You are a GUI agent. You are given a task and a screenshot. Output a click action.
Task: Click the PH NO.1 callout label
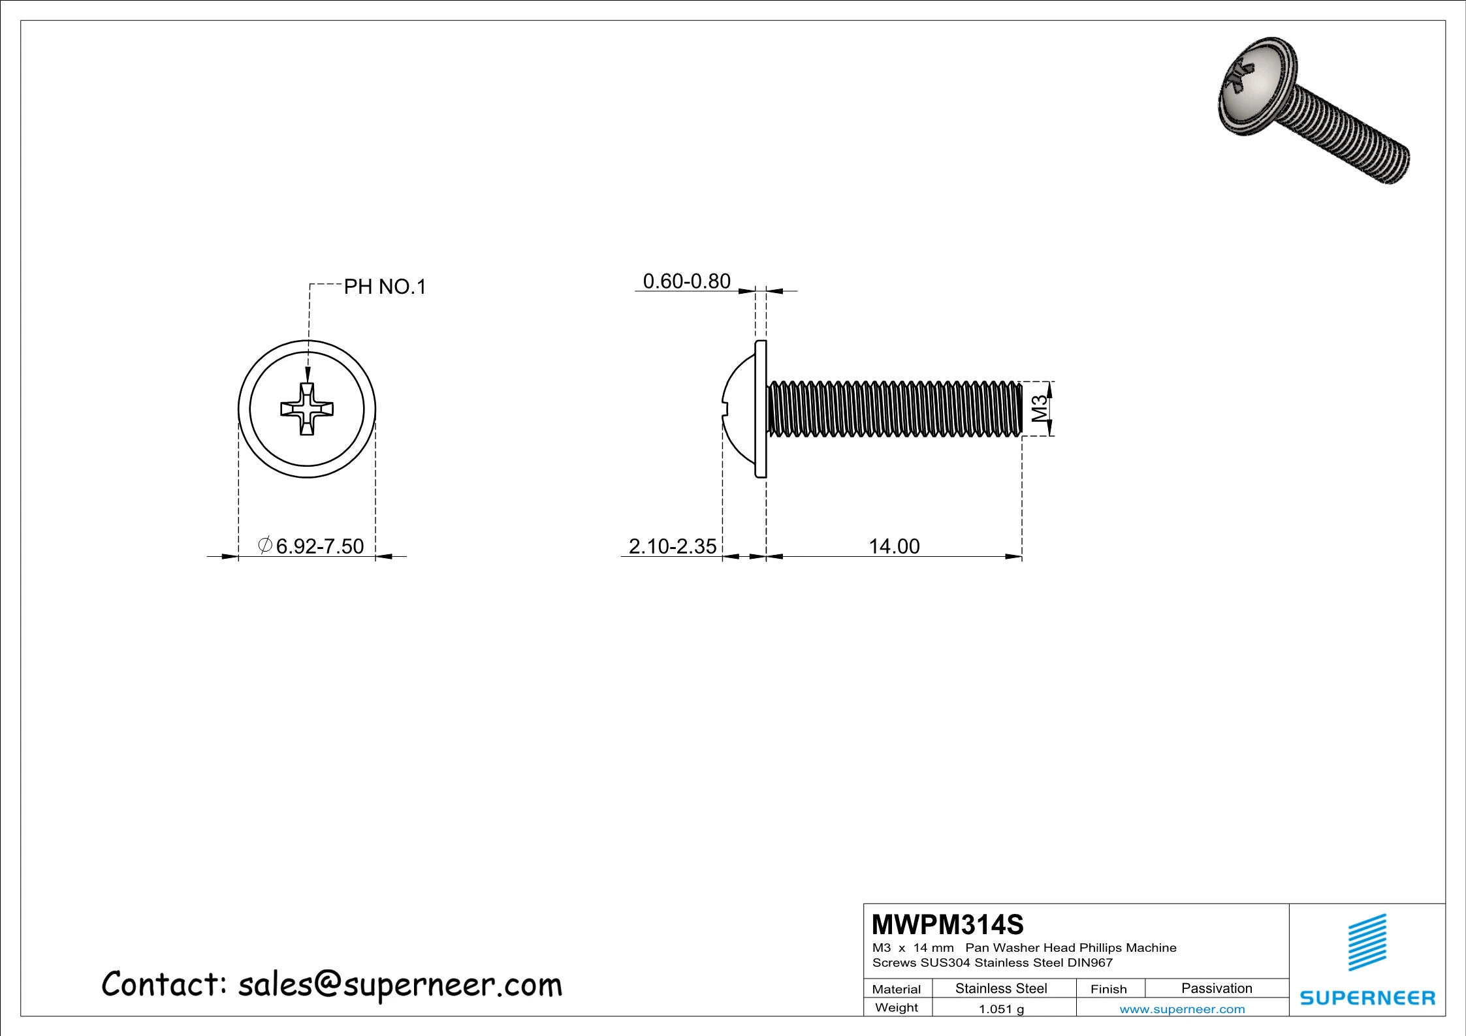385,287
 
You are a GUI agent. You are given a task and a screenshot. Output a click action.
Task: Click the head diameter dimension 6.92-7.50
319,546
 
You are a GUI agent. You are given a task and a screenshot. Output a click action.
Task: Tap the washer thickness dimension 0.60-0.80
686,281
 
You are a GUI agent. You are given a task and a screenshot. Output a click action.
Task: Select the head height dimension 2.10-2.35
672,546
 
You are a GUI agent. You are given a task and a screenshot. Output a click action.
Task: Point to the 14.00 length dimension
893,546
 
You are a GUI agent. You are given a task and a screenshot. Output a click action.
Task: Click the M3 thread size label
1040,409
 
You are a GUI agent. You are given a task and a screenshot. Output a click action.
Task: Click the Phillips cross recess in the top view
307,409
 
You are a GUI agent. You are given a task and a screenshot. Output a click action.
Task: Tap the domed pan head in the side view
739,409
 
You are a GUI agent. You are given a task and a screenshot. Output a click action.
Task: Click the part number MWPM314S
948,924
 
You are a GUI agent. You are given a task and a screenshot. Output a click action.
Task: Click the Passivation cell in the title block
1217,988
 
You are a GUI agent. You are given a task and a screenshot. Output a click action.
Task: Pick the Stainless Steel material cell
1000,988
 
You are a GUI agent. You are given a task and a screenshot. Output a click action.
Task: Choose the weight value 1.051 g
1000,1009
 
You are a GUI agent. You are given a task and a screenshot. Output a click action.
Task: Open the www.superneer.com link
1182,1009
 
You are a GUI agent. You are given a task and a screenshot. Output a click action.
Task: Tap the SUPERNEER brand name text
1367,997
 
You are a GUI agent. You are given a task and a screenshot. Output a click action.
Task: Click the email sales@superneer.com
400,985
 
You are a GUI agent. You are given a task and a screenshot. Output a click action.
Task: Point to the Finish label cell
1108,989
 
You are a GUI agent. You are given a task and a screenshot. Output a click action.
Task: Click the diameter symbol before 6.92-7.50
265,544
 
